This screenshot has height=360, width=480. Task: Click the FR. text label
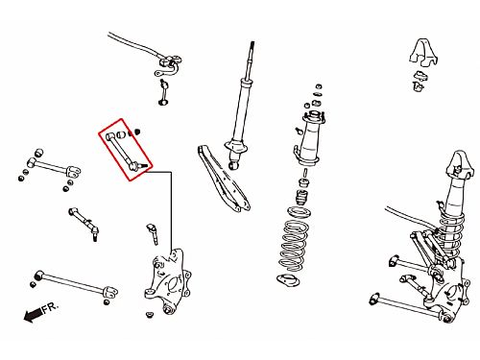tap(51, 308)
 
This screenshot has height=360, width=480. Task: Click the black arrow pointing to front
tap(33, 315)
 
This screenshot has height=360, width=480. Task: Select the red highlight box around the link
tap(126, 150)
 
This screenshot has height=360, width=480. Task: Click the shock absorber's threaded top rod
tap(251, 60)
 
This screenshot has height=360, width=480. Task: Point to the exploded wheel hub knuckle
tap(167, 281)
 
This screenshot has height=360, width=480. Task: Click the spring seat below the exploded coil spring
tap(288, 280)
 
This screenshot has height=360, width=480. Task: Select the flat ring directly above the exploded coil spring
tap(299, 212)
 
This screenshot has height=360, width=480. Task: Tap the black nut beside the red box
tap(137, 132)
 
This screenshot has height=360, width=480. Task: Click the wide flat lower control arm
tap(223, 179)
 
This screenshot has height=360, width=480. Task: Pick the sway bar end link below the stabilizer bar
tap(164, 92)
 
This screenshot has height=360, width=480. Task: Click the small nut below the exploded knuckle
tap(149, 315)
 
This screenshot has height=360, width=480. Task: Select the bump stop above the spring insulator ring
tap(302, 198)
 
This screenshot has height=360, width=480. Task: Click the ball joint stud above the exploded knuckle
tap(153, 234)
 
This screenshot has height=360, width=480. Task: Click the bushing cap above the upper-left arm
tap(38, 153)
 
